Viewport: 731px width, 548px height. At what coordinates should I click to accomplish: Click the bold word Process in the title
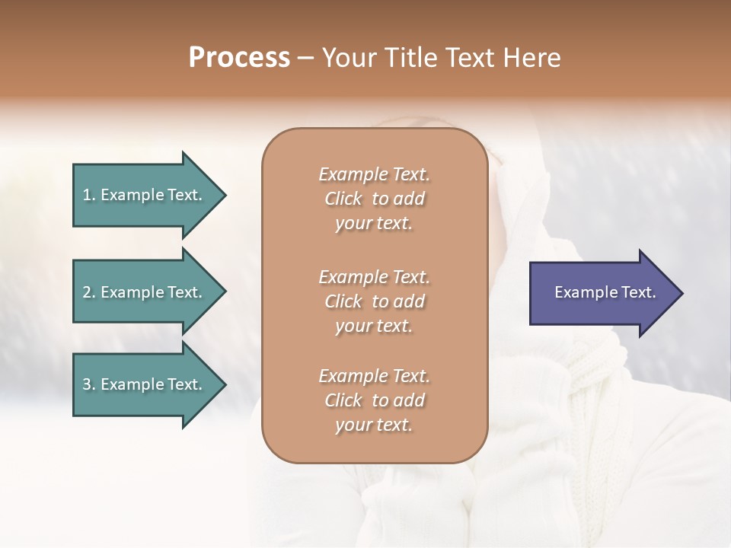(239, 57)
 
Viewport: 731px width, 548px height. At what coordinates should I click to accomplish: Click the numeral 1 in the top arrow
(87, 195)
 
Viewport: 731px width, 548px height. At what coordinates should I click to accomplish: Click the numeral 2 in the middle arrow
(87, 292)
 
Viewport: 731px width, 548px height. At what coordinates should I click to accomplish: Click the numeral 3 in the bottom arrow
(87, 385)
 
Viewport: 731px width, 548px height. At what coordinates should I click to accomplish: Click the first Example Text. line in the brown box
(374, 174)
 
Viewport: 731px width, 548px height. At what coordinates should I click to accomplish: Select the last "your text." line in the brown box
(374, 425)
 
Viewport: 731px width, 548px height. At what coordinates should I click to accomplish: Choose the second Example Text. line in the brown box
(374, 277)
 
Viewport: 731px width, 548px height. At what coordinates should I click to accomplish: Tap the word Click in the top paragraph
(343, 199)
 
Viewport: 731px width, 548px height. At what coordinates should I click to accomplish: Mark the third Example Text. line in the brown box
(374, 376)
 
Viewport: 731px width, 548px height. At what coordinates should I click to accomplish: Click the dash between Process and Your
(306, 59)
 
